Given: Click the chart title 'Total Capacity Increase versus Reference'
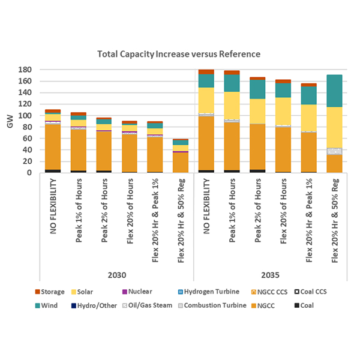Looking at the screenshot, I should click(x=179, y=54).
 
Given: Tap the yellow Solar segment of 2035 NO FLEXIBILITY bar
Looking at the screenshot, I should click(x=207, y=100).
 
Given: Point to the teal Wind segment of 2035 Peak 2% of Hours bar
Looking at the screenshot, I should click(x=258, y=89).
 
